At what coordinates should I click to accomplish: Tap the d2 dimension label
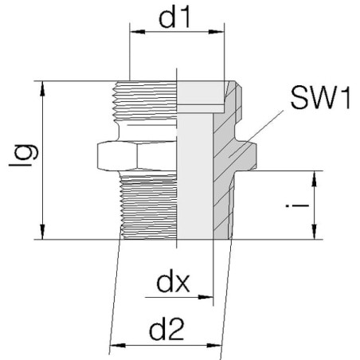click(x=166, y=331)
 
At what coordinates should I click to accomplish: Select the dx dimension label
click(x=173, y=283)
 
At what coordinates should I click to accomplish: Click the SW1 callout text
click(x=320, y=98)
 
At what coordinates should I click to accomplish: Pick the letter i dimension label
click(x=297, y=205)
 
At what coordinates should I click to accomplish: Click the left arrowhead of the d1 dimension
click(x=137, y=32)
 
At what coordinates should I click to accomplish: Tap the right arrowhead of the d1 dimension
click(x=217, y=32)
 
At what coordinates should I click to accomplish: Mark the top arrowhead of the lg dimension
click(x=42, y=88)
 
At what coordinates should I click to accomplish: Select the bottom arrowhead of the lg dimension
click(x=42, y=232)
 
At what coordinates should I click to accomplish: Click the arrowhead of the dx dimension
click(x=205, y=297)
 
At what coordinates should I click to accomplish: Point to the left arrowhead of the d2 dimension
click(x=118, y=346)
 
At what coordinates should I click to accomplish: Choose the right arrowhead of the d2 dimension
click(x=213, y=346)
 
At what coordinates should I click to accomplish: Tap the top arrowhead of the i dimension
click(x=315, y=178)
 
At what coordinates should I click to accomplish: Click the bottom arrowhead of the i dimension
click(x=315, y=232)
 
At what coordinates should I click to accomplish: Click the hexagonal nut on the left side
click(x=137, y=156)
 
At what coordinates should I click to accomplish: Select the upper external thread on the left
click(x=145, y=101)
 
